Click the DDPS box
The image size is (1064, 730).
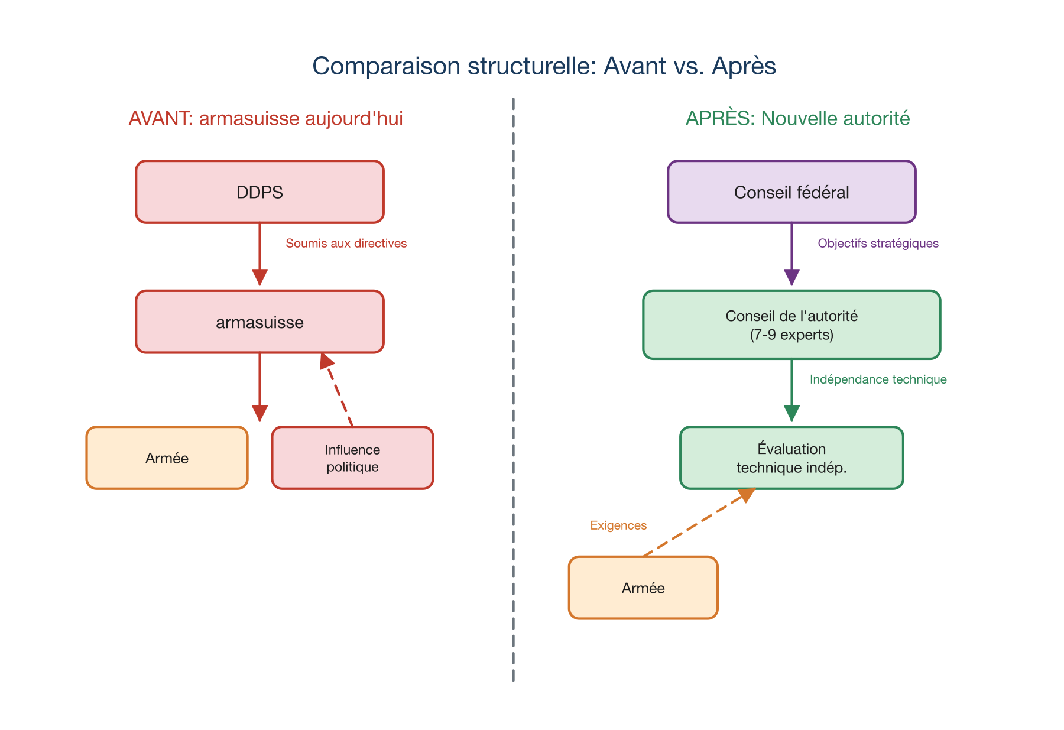tap(259, 192)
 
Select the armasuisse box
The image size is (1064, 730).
tap(259, 322)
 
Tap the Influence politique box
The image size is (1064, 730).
tap(352, 458)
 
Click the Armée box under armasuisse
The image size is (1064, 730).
tap(167, 458)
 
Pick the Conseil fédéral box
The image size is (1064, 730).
tap(791, 192)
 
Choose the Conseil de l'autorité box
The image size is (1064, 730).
tap(791, 325)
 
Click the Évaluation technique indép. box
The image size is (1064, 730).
tap(791, 458)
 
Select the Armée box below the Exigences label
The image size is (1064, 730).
tap(643, 588)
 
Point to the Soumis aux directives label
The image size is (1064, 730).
tap(346, 244)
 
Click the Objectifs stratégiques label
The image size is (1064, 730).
tap(878, 244)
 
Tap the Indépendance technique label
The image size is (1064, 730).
tap(878, 379)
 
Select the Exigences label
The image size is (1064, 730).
tap(618, 525)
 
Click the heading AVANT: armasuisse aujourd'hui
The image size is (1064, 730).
tap(265, 118)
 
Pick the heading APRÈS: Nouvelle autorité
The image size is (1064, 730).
tap(797, 118)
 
